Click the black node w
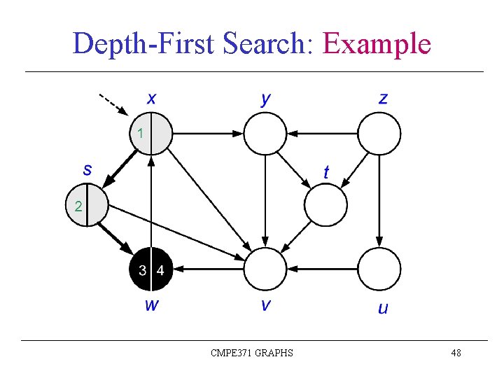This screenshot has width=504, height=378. (151, 269)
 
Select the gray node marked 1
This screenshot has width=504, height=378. (151, 133)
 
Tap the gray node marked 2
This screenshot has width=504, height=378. (87, 206)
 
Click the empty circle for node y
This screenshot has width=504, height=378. (265, 133)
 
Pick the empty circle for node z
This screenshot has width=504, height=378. (379, 133)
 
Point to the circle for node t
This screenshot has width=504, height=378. (325, 205)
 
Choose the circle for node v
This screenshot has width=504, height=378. (265, 269)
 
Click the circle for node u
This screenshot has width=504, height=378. (379, 269)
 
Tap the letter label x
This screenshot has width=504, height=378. (151, 98)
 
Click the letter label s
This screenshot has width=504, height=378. (87, 169)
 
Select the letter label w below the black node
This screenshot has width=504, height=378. (151, 305)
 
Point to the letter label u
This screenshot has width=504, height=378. (383, 307)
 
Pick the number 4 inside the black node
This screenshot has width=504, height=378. (160, 270)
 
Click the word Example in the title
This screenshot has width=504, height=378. (376, 44)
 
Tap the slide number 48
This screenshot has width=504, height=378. (456, 353)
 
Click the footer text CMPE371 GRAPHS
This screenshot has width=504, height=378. (252, 353)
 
